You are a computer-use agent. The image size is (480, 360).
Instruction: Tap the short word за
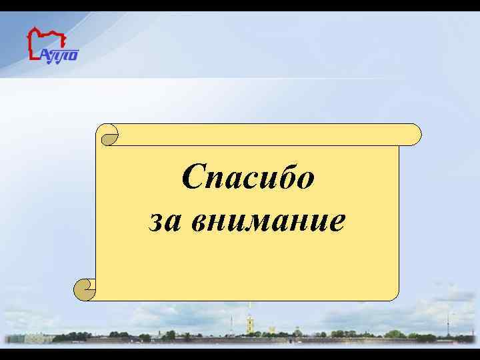pos(161,221)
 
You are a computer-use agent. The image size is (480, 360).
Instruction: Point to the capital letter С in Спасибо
pos(191,179)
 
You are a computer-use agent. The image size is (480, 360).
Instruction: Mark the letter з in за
pos(155,221)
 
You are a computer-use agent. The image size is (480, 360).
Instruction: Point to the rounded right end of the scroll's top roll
pos(413,134)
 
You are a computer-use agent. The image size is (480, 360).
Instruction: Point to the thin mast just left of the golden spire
pos(231,325)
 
